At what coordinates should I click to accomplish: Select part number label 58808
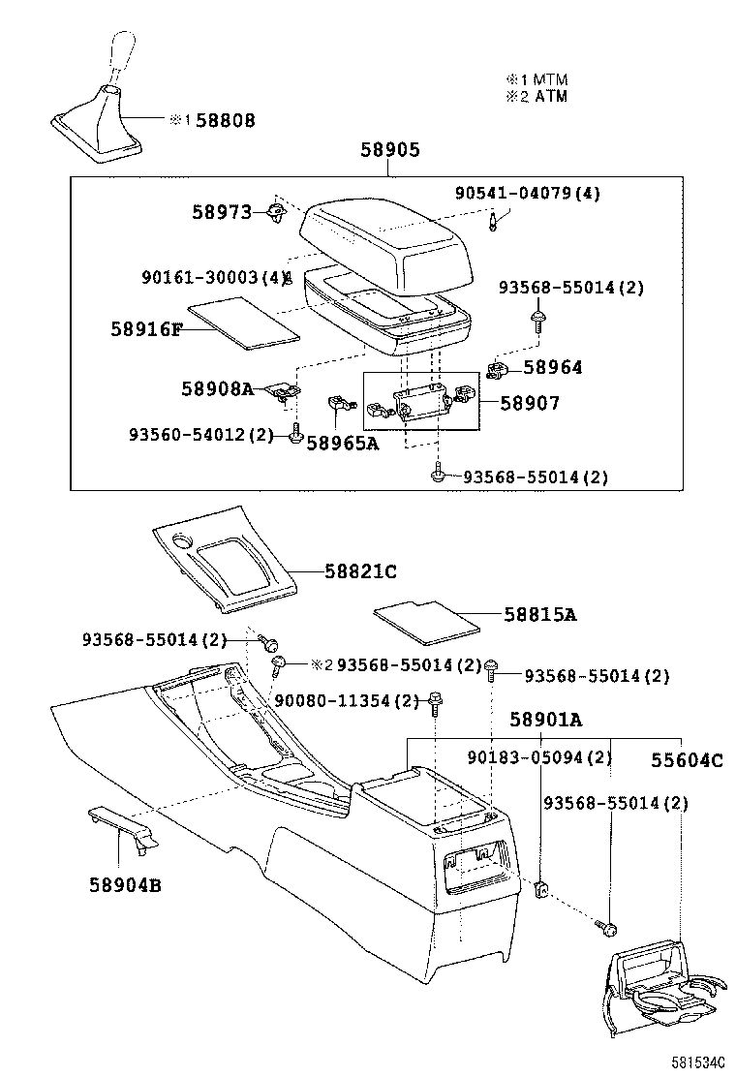pyautogui.click(x=225, y=121)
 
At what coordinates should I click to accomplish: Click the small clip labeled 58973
pyautogui.click(x=276, y=213)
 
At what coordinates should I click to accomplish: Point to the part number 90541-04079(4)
pyautogui.click(x=527, y=193)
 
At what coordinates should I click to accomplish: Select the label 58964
pyautogui.click(x=553, y=367)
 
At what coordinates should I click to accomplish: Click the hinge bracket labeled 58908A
pyautogui.click(x=284, y=390)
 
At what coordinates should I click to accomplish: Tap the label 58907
pyautogui.click(x=529, y=402)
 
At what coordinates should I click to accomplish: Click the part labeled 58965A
pyautogui.click(x=337, y=407)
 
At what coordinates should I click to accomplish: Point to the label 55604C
pyautogui.click(x=686, y=760)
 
